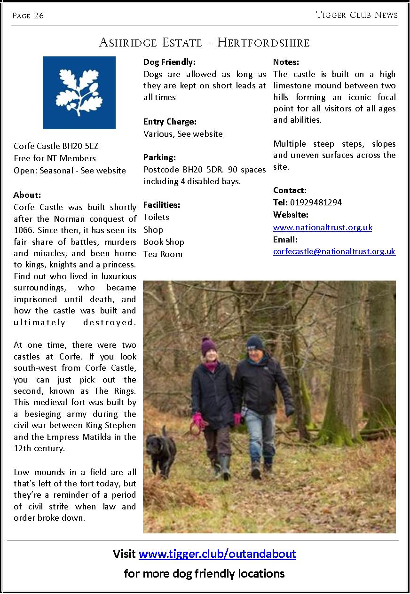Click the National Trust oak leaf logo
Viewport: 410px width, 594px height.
click(x=79, y=93)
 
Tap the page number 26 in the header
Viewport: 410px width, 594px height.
click(x=39, y=16)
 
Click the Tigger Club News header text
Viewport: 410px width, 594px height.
click(x=357, y=15)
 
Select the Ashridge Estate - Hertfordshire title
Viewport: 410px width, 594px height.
click(x=205, y=43)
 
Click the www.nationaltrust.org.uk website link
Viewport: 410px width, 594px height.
click(x=323, y=227)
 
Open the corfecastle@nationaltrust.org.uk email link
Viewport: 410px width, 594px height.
click(x=334, y=251)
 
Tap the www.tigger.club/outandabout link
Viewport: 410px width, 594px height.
click(x=217, y=554)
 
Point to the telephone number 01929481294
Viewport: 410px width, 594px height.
click(x=316, y=203)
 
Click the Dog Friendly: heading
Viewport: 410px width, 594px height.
click(x=169, y=62)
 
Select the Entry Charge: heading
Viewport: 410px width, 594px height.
click(x=170, y=122)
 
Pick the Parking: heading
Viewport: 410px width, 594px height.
click(x=159, y=157)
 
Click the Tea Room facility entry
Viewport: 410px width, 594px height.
click(x=163, y=254)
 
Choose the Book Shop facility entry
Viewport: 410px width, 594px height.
click(x=164, y=242)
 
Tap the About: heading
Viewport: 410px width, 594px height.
click(x=27, y=195)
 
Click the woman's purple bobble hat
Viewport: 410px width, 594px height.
click(x=209, y=346)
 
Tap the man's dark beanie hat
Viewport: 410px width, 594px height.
click(x=255, y=342)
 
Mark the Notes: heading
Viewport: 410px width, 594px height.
click(x=286, y=62)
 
